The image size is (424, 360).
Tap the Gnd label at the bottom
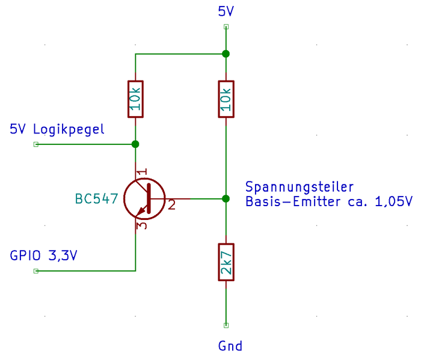[x=230, y=346]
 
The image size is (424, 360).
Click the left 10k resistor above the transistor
[x=135, y=99]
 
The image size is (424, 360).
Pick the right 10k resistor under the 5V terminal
[x=226, y=99]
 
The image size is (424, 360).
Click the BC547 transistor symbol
[x=144, y=199]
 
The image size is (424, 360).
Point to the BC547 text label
[x=96, y=199]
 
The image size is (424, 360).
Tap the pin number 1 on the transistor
[x=142, y=173]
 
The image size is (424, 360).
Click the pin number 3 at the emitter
[x=142, y=226]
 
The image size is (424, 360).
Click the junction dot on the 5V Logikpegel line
[x=135, y=144]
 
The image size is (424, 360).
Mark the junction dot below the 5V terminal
[x=226, y=54]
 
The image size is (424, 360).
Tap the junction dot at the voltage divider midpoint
[x=226, y=198]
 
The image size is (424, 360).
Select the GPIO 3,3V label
[x=44, y=255]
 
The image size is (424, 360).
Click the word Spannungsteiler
[x=300, y=186]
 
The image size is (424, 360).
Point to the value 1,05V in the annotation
[x=393, y=202]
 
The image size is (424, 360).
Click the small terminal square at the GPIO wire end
[x=35, y=271]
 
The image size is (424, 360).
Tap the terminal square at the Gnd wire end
[x=226, y=325]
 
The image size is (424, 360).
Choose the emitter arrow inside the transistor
[x=143, y=210]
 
